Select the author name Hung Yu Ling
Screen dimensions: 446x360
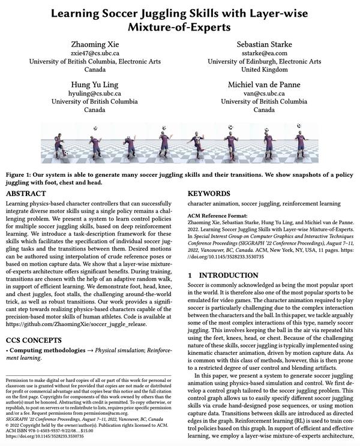pyautogui.click(x=94, y=85)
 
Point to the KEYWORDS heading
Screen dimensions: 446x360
pyautogui.click(x=211, y=194)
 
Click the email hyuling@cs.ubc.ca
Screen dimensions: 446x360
pyautogui.click(x=94, y=94)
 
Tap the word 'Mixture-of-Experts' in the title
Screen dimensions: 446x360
pyautogui.click(x=179, y=27)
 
